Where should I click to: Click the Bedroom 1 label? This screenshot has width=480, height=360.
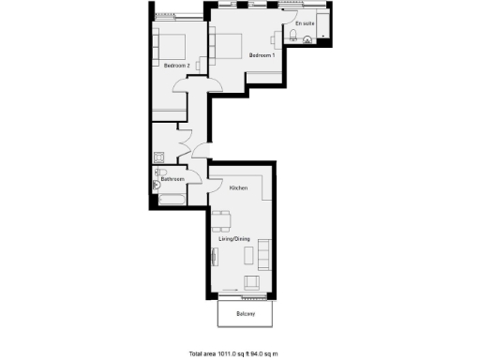coord(262,56)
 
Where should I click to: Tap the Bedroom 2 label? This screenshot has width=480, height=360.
coord(177,66)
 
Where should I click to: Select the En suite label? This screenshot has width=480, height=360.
coord(305,22)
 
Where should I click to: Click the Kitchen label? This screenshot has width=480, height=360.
coord(238,188)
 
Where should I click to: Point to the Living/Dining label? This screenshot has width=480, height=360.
coord(233,239)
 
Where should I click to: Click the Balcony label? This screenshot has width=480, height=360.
coord(247,313)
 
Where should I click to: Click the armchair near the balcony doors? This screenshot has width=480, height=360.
coord(251,283)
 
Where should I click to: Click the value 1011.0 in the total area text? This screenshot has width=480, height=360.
coord(230,353)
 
